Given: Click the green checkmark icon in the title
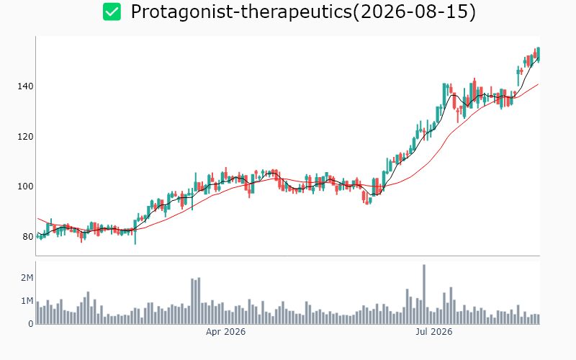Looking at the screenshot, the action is [112, 12].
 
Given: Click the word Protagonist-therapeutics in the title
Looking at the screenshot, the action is [241, 12].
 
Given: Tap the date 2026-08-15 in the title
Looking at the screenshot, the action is [414, 12].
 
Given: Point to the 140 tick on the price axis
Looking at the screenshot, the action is [25, 86].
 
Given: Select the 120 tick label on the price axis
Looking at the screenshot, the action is [25, 137].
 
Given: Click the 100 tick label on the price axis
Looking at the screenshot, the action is [25, 186].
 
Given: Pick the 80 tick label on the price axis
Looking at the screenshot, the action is [28, 237].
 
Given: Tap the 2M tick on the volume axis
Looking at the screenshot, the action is [27, 278].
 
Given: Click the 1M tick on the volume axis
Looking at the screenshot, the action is [27, 301].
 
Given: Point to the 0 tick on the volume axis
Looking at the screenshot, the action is [31, 324].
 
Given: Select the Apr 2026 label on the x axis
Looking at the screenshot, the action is [225, 332].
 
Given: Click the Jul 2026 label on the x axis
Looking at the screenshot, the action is [434, 332].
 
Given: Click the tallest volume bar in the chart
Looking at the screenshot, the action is [424, 294].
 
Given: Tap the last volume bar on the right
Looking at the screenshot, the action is [538, 319].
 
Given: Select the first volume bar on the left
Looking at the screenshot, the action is [38, 313].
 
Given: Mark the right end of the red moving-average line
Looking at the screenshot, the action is [538, 84].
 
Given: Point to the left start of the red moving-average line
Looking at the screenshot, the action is [38, 218].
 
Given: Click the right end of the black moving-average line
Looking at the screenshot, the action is [538, 58].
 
